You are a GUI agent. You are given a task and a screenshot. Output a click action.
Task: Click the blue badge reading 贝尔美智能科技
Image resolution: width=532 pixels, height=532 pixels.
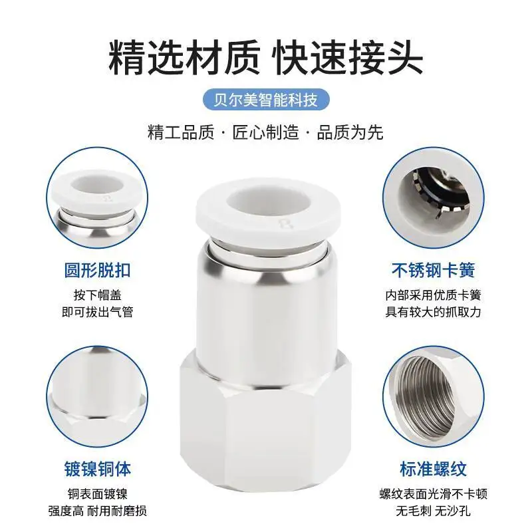(x=266, y=101)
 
